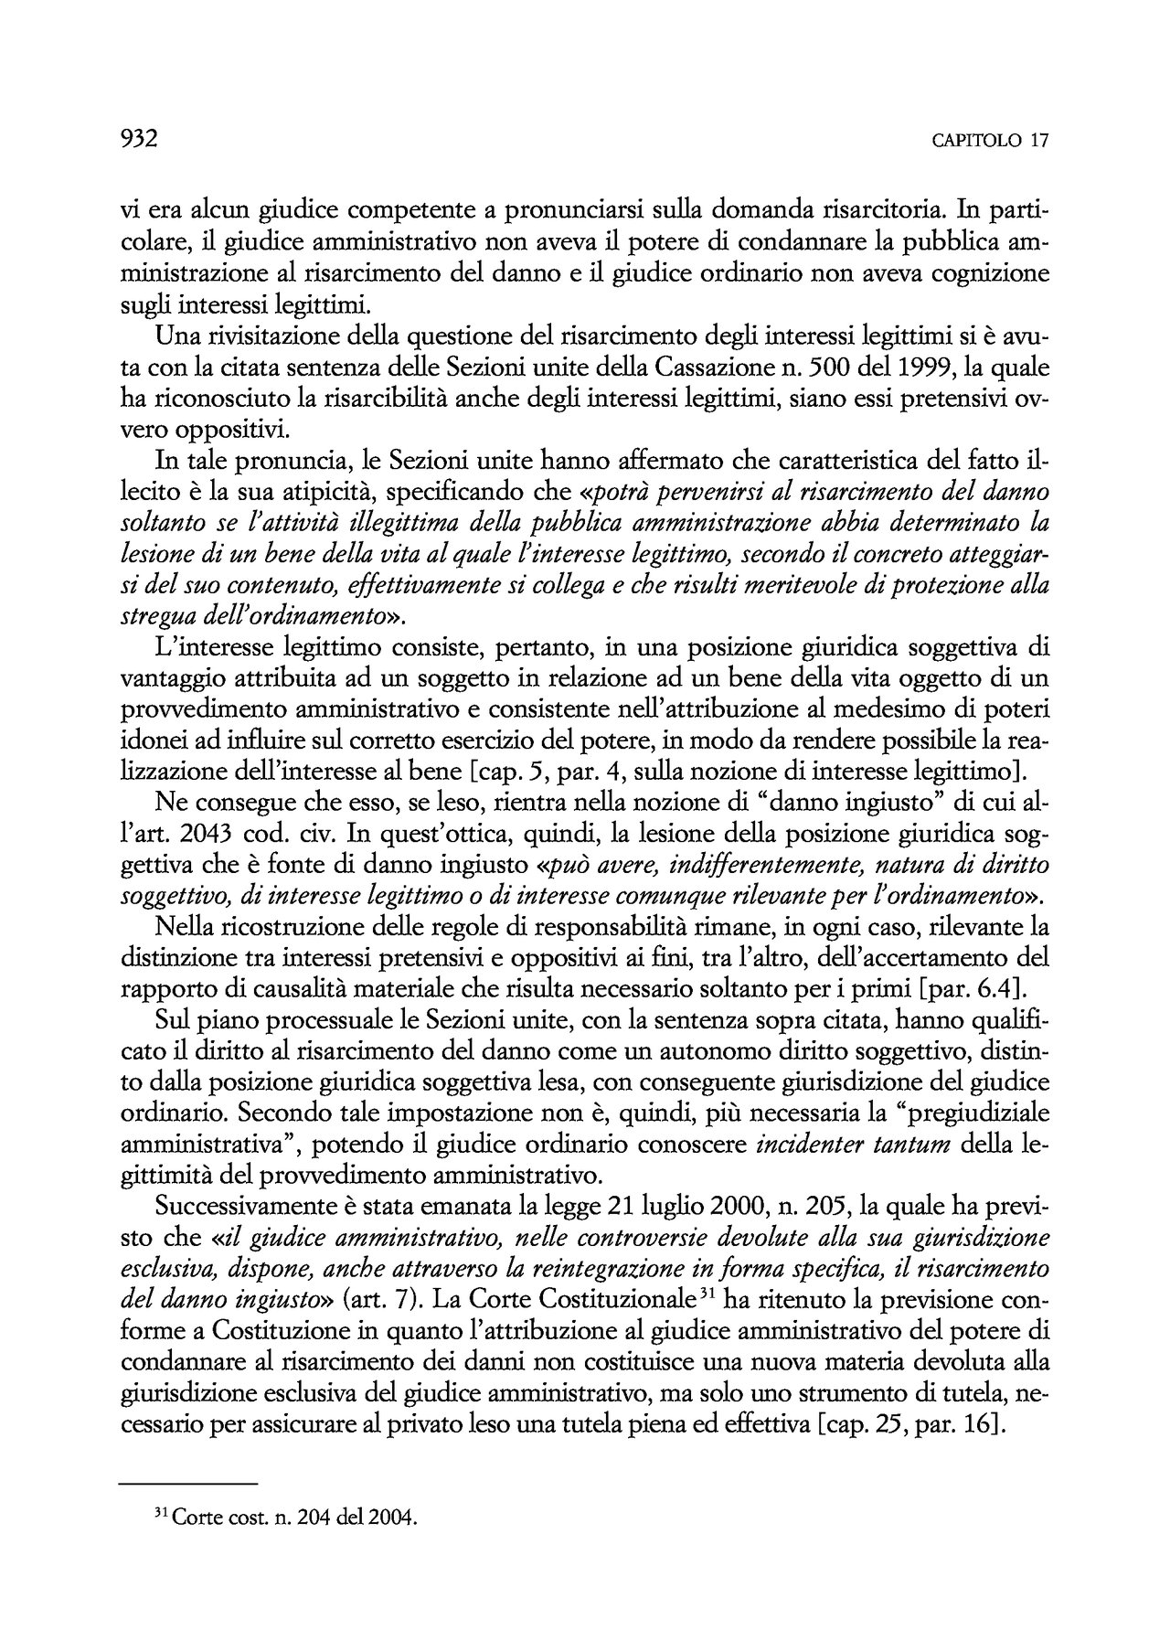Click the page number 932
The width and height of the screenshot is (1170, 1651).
pyautogui.click(x=140, y=138)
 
